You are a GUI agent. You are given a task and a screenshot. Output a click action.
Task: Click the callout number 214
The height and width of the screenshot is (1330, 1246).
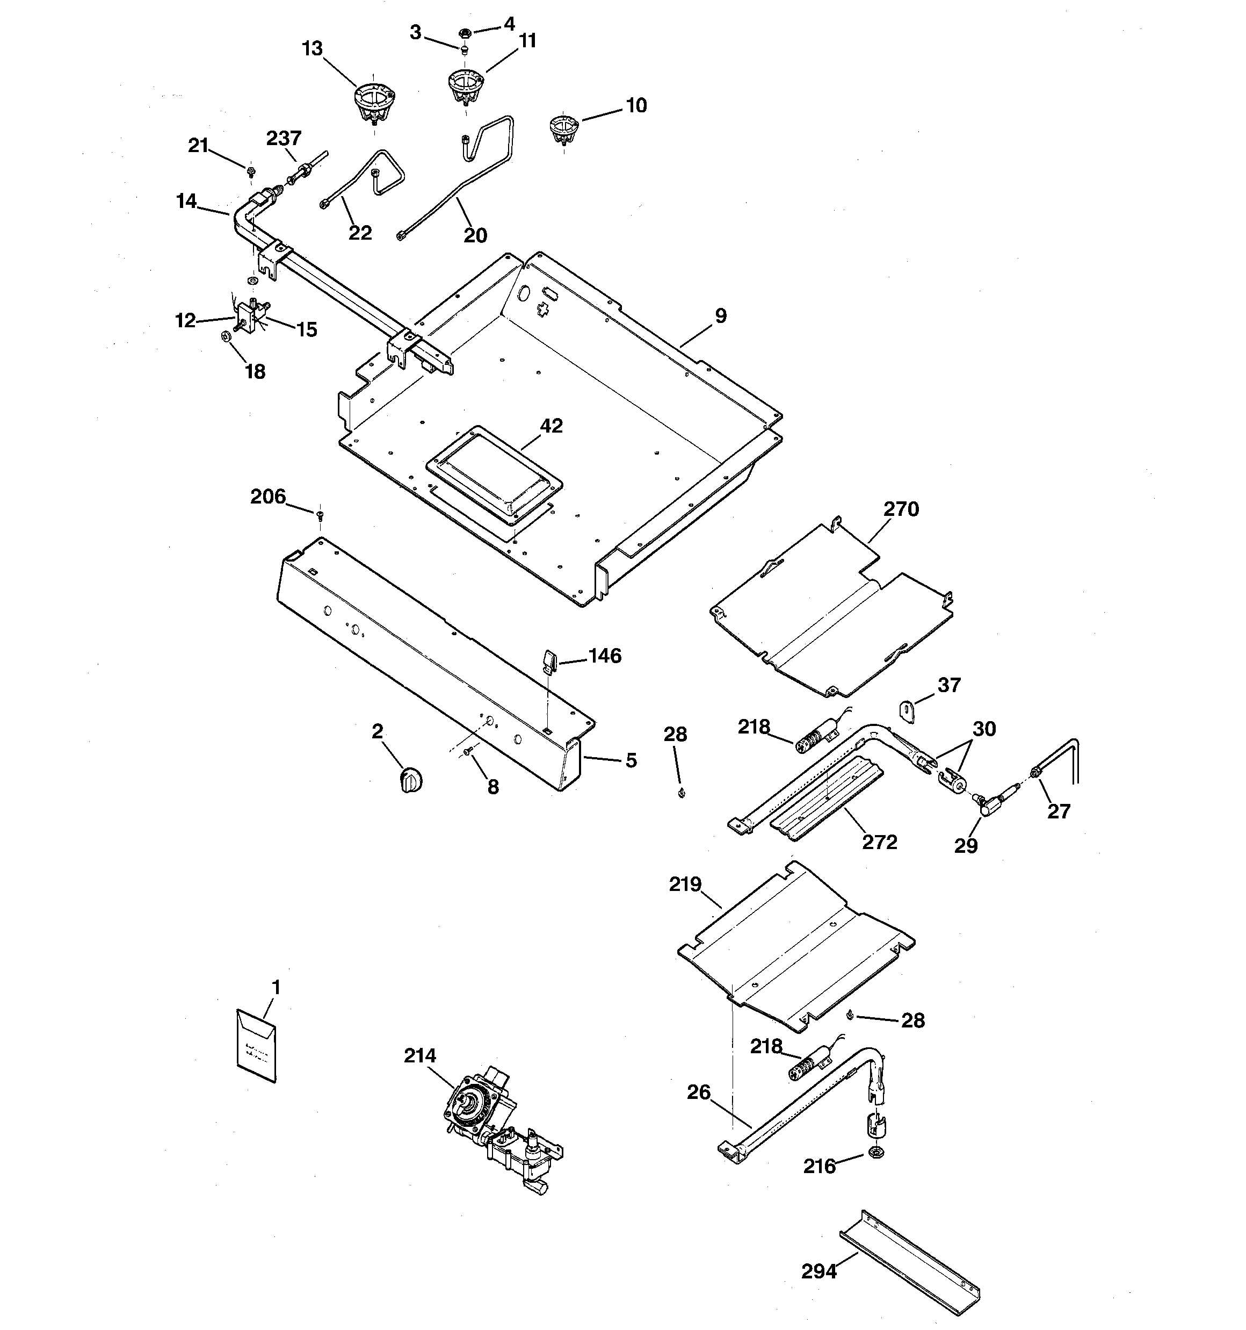(x=419, y=1056)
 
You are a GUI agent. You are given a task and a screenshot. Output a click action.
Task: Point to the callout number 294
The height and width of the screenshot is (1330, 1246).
(x=818, y=1271)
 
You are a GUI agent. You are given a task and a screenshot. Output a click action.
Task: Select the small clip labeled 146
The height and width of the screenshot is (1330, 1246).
(x=548, y=661)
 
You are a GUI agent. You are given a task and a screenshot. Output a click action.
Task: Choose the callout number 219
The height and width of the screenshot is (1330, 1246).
(x=685, y=885)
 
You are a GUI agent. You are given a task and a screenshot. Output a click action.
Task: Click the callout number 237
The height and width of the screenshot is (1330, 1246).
(x=284, y=139)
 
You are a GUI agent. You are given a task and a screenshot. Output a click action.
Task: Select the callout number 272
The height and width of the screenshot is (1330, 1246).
(x=879, y=842)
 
